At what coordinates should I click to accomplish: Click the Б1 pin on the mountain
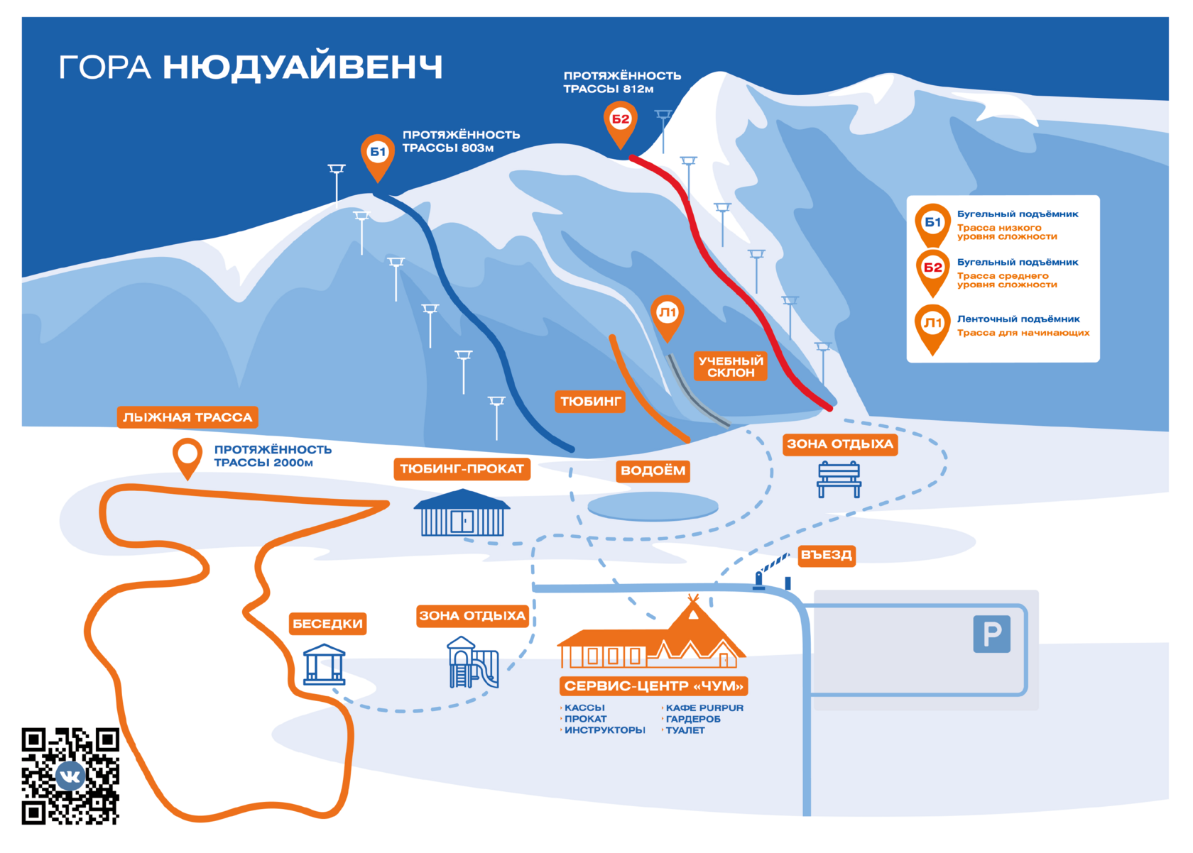378,153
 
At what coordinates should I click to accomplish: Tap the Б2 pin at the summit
621,120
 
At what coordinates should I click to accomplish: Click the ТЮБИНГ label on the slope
591,402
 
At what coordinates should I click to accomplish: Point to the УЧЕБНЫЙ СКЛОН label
731,366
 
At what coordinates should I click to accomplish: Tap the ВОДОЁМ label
653,470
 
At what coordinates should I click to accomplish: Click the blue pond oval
653,507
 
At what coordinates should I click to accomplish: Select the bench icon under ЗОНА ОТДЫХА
839,479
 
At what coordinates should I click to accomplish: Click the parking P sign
991,634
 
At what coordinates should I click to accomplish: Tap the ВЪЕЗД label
826,555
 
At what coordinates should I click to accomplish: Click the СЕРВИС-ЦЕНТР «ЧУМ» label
654,686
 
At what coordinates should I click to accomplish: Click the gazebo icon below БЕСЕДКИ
325,664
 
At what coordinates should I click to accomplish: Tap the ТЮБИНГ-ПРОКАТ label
462,469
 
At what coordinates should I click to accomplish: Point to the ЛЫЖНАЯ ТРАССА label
187,417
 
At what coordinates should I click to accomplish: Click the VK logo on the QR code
70,776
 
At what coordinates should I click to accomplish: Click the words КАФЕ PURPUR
704,708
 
